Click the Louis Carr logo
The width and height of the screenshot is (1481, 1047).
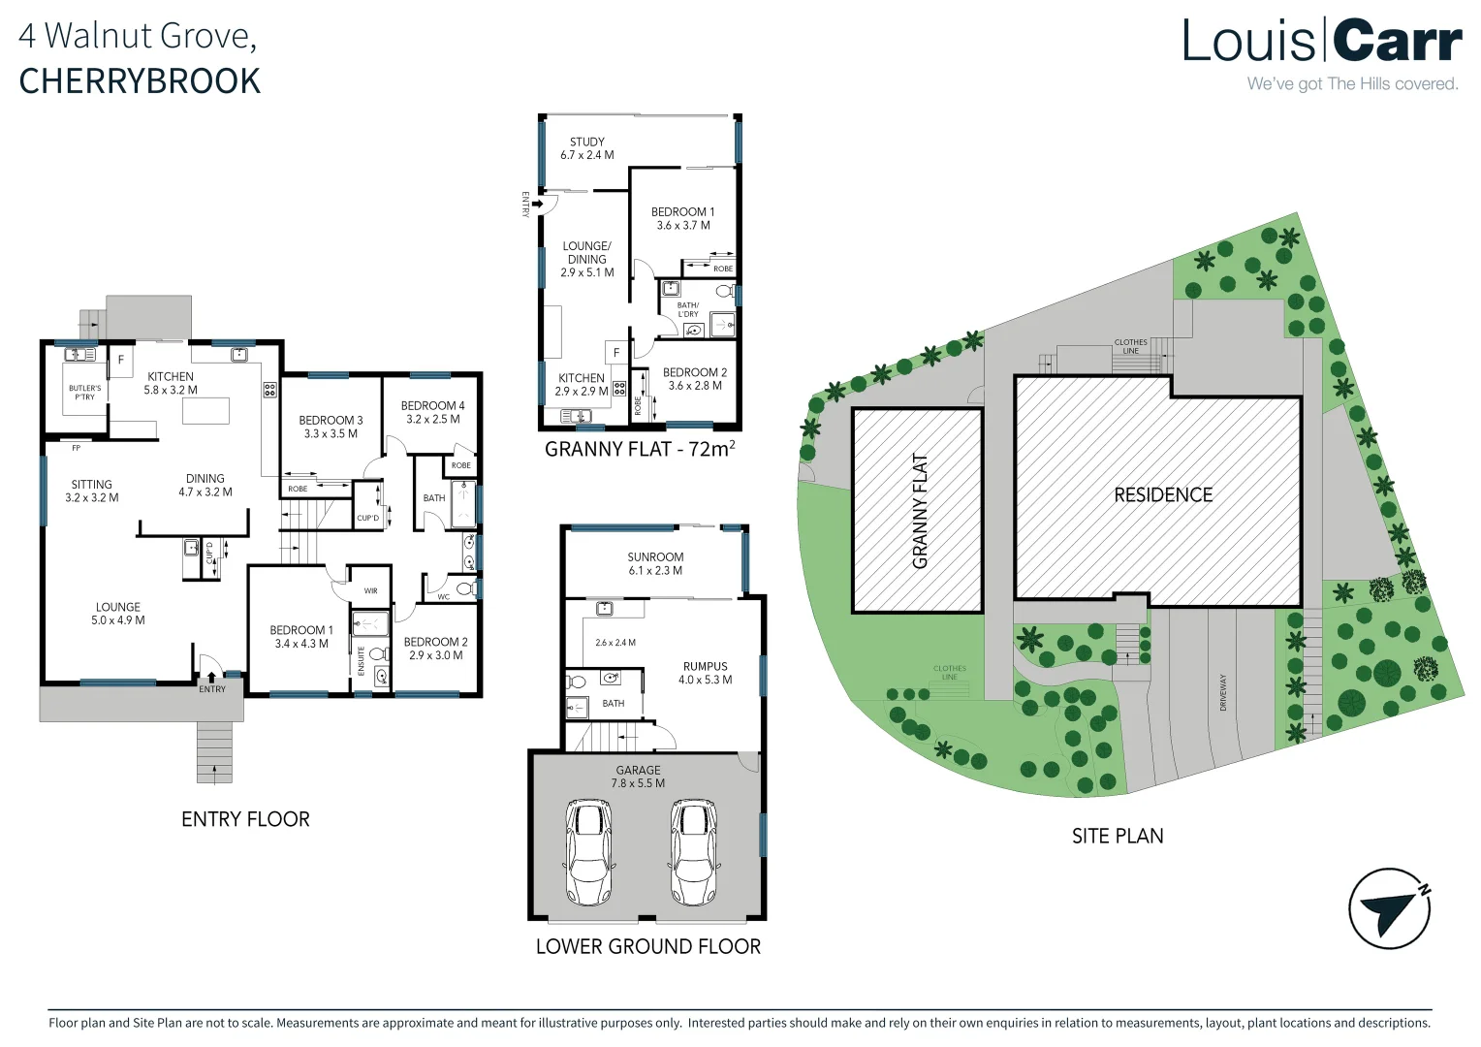(1322, 53)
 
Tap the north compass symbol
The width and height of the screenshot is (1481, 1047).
(1389, 908)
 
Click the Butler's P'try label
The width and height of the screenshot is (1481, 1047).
(84, 393)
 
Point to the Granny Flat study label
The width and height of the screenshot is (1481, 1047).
(587, 148)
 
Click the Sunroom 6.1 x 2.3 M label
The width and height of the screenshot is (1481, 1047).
(655, 563)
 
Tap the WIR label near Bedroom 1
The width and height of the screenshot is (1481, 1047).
(370, 590)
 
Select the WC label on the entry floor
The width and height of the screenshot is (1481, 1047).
(444, 596)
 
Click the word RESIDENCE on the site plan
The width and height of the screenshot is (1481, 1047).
(1163, 494)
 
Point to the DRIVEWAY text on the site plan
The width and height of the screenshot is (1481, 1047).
(1222, 692)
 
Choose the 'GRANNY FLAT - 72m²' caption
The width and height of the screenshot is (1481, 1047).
(640, 448)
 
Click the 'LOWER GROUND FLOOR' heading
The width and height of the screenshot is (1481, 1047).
(647, 946)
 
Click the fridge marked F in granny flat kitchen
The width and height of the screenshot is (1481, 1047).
(616, 353)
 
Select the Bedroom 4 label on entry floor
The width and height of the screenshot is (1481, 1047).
(432, 412)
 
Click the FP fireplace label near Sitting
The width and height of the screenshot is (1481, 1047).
(76, 448)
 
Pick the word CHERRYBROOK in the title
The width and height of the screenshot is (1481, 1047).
(140, 81)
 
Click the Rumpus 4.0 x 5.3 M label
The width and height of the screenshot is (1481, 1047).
(705, 673)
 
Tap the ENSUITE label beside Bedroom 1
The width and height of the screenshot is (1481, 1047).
(361, 661)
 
